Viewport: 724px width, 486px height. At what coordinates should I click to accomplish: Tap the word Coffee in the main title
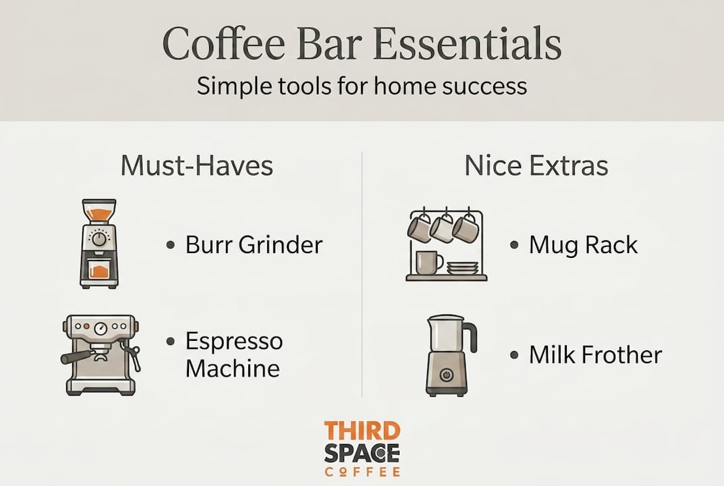point(223,43)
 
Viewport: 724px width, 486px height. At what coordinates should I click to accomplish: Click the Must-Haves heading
point(197,166)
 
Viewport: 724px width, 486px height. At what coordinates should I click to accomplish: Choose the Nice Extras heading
point(536,166)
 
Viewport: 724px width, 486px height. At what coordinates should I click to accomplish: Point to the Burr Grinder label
point(254,244)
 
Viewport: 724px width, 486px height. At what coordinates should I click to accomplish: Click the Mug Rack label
point(583,245)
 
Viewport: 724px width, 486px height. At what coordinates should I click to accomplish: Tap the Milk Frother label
point(596,355)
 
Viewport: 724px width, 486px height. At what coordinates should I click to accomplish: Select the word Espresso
point(234,342)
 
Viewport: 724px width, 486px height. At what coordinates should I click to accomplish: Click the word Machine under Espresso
point(233,369)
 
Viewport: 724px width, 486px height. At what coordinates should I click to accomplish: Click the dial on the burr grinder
point(99,238)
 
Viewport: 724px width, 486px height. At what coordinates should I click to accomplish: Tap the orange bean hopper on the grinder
point(99,214)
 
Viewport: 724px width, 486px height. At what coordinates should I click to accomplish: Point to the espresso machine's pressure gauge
point(101,329)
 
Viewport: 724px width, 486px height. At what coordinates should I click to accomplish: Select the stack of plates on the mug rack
point(463,267)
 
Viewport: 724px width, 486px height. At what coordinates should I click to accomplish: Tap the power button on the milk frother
point(446,374)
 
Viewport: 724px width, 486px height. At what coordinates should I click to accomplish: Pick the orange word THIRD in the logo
point(362,431)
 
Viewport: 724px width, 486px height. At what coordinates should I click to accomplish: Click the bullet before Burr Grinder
point(171,245)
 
